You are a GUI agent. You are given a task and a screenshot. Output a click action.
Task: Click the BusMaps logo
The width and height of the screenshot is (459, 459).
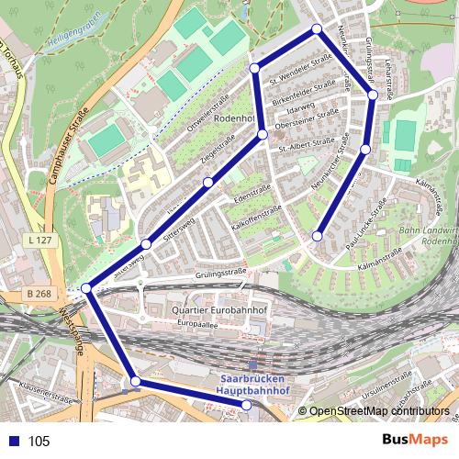(x=414, y=441)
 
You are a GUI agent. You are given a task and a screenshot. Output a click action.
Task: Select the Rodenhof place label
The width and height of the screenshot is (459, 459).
(x=233, y=119)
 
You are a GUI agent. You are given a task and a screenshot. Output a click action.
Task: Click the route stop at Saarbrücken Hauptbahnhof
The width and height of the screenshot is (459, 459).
(x=247, y=405)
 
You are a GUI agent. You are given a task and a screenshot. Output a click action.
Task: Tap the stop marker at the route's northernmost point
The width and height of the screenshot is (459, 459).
(x=317, y=29)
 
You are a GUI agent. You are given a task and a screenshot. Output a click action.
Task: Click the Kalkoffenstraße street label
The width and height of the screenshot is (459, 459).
(x=256, y=217)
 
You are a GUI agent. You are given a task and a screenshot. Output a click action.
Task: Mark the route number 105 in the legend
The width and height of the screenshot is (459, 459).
(x=39, y=442)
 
